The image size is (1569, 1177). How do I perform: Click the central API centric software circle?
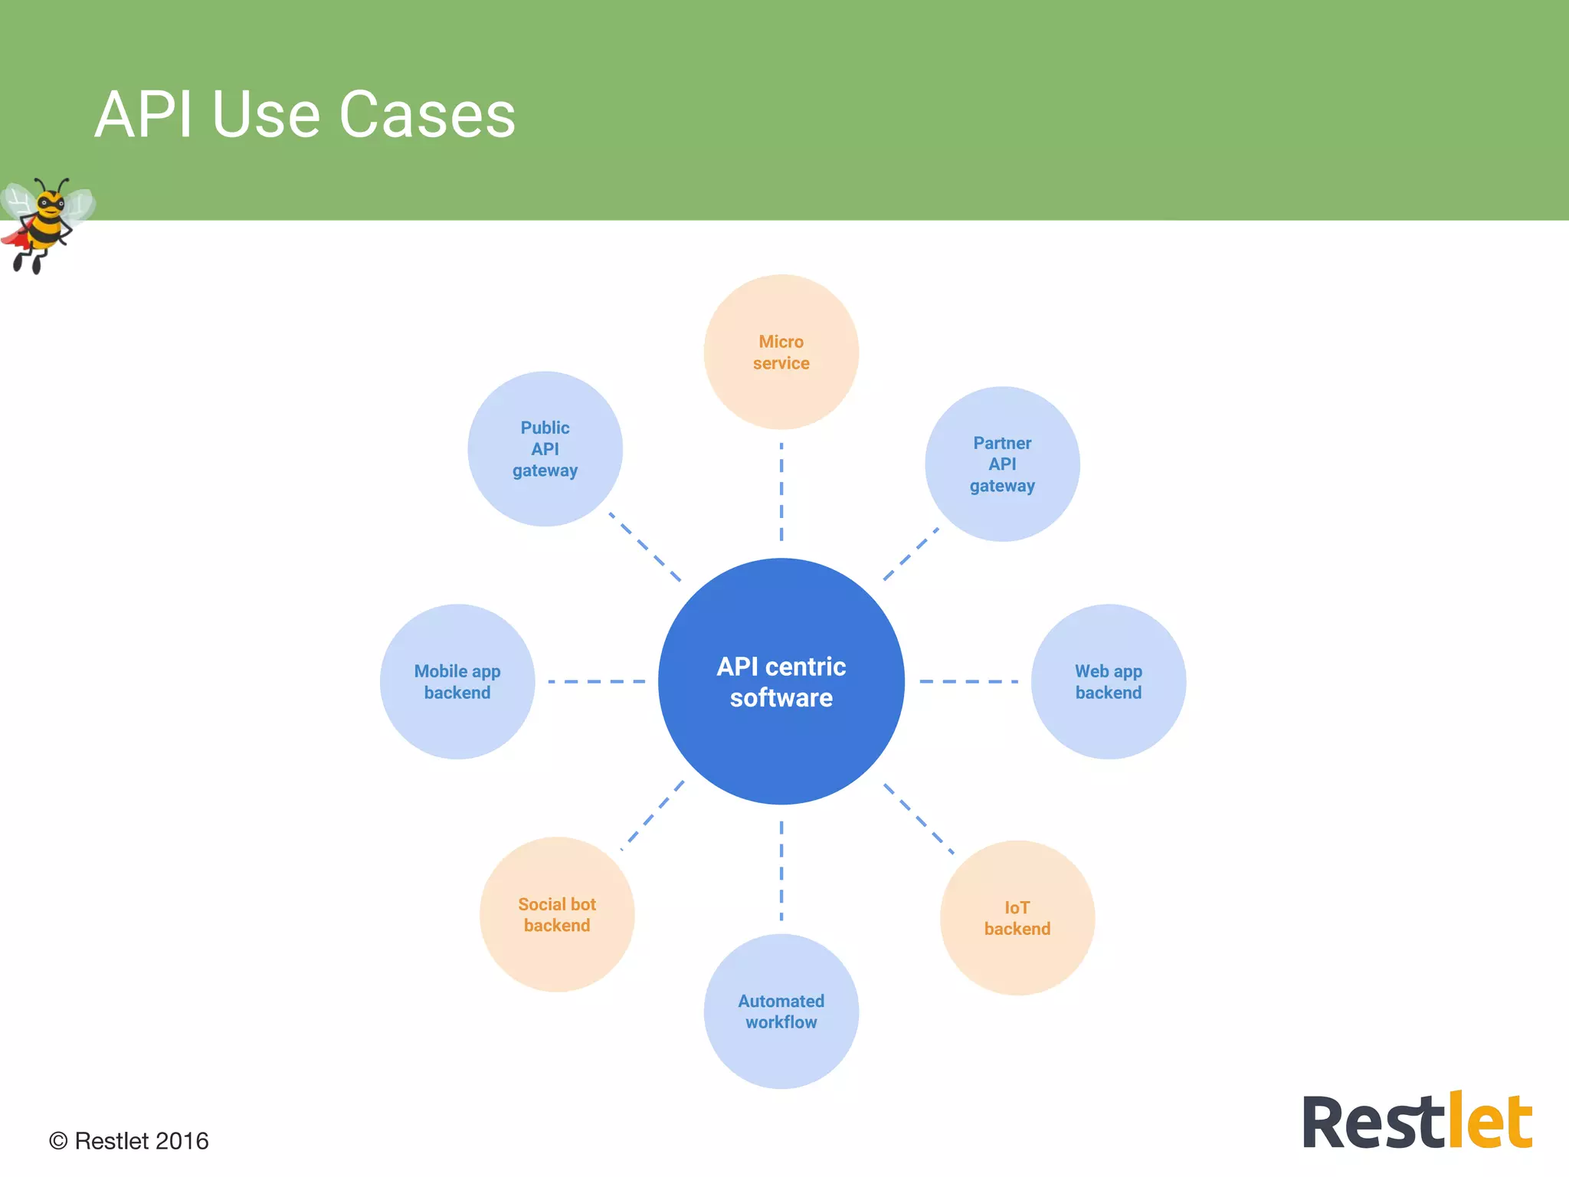pos(781,681)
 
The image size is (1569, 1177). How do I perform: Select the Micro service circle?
pos(781,352)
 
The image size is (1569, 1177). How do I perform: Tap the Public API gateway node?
pos(545,449)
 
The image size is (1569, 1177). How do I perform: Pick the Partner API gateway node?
pos(1002,464)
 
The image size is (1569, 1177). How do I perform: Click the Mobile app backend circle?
pos(457,681)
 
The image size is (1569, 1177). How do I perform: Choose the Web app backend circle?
pos(1108,681)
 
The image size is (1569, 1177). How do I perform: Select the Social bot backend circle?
pos(557,914)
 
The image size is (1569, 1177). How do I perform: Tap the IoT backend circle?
pos(1017,918)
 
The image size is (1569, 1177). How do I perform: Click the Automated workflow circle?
pos(781,1011)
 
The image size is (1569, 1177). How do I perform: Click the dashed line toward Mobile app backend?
pos(596,681)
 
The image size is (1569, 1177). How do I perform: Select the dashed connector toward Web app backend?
pos(968,681)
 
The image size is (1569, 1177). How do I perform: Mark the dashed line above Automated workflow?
pos(781,870)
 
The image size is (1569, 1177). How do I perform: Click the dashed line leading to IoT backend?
pos(919,818)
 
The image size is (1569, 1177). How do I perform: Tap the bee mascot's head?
pos(51,203)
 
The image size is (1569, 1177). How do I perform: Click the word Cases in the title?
pos(427,115)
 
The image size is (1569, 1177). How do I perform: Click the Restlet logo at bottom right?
pos(1417,1122)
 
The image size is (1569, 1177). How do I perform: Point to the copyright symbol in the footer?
pos(58,1141)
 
